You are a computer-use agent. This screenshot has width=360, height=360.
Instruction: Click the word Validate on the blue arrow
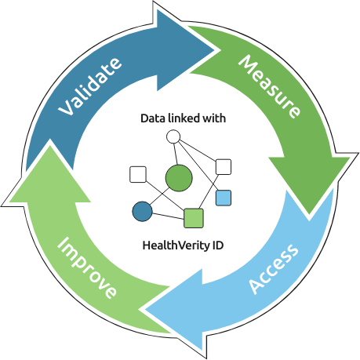click(x=90, y=86)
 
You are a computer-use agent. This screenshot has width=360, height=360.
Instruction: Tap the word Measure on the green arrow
click(x=270, y=86)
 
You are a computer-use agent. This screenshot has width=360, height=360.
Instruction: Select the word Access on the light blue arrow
click(x=274, y=269)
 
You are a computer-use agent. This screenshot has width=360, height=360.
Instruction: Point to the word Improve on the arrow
click(x=86, y=268)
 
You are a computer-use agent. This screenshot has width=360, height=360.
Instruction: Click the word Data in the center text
click(x=153, y=118)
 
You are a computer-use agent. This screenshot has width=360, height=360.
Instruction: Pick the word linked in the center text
click(x=180, y=118)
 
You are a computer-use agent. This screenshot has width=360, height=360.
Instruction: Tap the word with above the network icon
click(x=211, y=118)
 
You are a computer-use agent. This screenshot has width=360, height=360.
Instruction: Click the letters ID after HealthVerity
click(x=217, y=245)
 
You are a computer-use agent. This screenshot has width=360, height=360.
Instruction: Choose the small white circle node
click(x=173, y=136)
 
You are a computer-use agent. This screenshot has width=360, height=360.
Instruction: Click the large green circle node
click(x=179, y=178)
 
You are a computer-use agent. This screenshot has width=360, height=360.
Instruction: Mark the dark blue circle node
click(x=142, y=212)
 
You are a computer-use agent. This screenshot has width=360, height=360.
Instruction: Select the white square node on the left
click(x=138, y=174)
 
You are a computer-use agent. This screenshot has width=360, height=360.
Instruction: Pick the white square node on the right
click(x=224, y=167)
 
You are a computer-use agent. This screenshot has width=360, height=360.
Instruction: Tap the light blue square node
click(x=224, y=198)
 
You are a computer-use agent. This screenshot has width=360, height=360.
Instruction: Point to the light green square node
click(x=194, y=218)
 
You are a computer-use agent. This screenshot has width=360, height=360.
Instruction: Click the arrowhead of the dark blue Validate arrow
click(x=183, y=49)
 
